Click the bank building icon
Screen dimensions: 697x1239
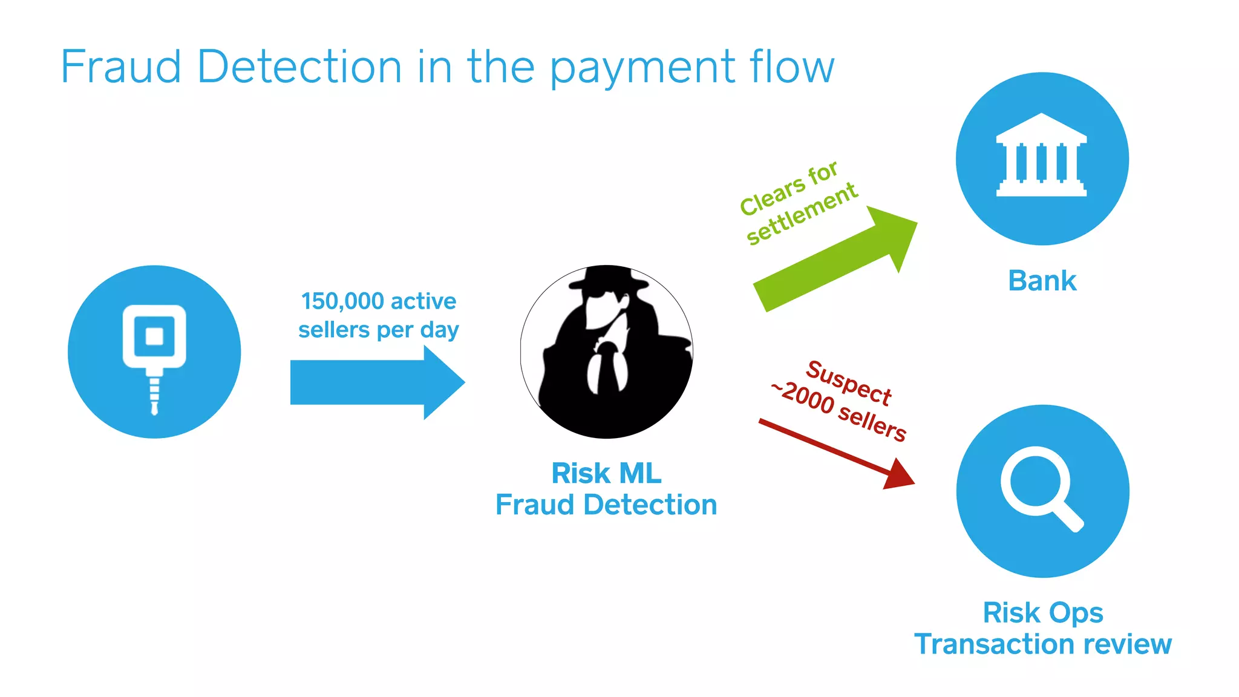pyautogui.click(x=1041, y=155)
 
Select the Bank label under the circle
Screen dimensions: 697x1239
pyautogui.click(x=1042, y=281)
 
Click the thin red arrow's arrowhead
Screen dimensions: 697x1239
pyautogui.click(x=898, y=475)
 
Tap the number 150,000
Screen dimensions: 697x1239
pyautogui.click(x=342, y=301)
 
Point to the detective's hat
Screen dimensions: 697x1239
pyautogui.click(x=608, y=278)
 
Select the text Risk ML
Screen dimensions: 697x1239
pyautogui.click(x=606, y=474)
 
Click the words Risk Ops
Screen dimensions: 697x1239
pyautogui.click(x=1042, y=613)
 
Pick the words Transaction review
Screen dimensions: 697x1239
pyautogui.click(x=1042, y=644)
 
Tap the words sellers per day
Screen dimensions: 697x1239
pyautogui.click(x=378, y=330)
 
